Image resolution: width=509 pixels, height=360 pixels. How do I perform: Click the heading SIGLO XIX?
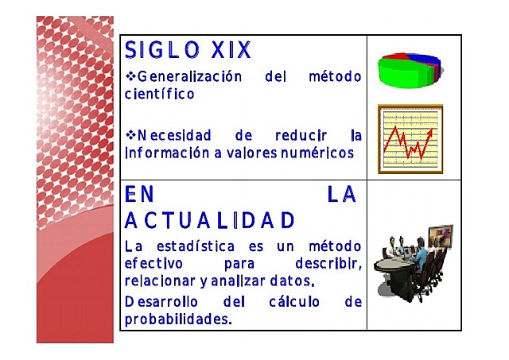click(x=188, y=51)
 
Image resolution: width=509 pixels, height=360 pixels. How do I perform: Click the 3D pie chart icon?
click(x=408, y=70)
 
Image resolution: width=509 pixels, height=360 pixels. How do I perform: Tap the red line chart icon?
click(x=410, y=140)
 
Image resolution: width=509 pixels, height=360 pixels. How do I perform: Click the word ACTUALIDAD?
click(x=211, y=219)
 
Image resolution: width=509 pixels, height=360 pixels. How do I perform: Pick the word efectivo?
click(x=154, y=262)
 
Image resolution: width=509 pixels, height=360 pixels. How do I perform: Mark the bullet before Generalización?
click(x=131, y=78)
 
